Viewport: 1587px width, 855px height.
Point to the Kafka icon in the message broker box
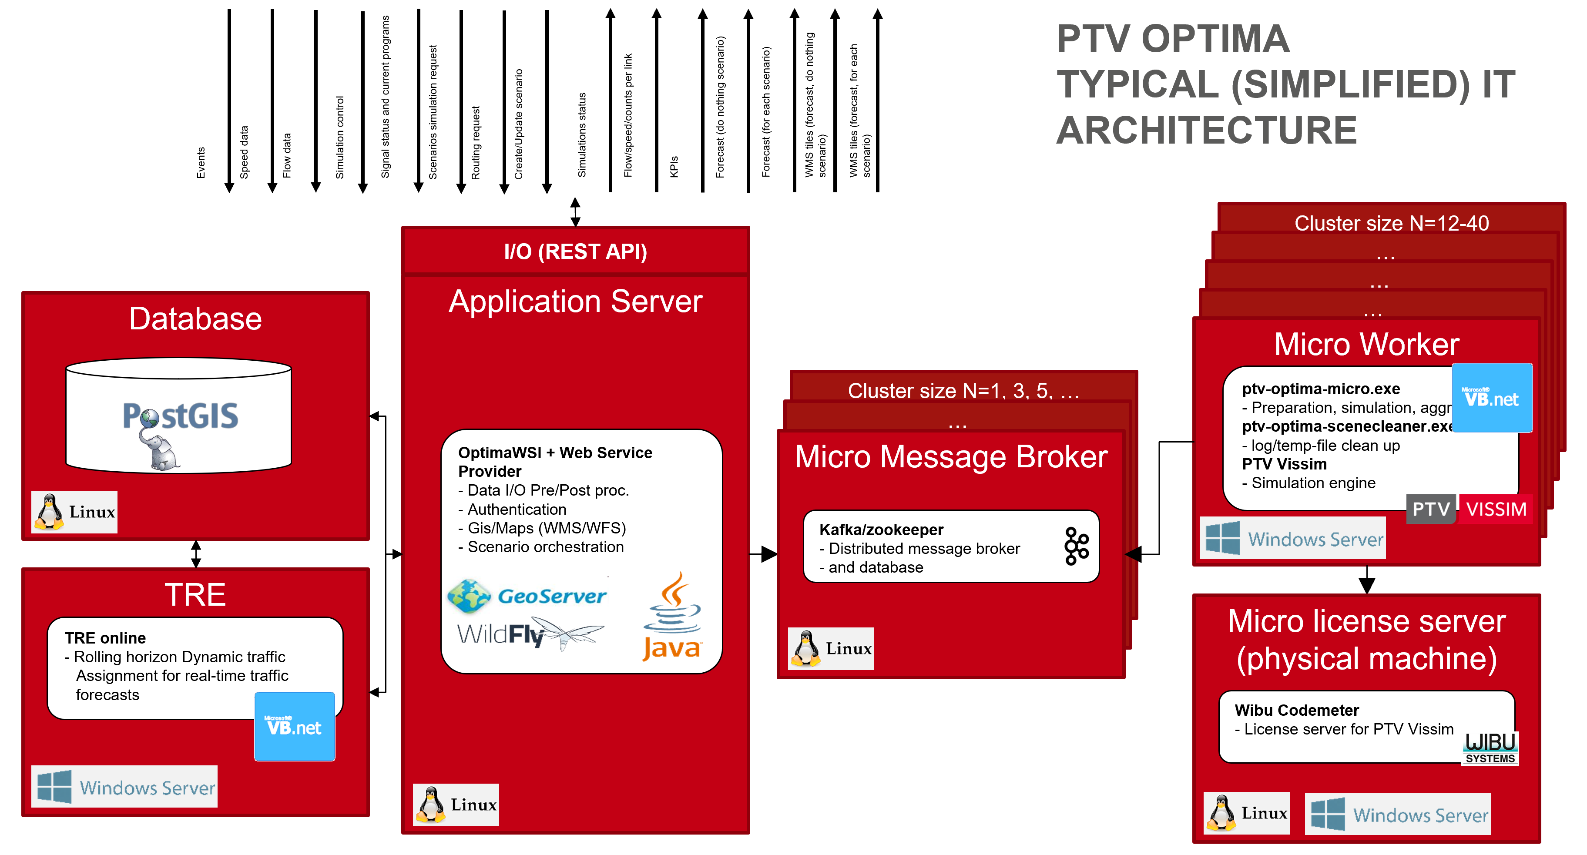[x=1076, y=546]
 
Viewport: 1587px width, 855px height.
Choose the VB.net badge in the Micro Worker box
[x=1492, y=398]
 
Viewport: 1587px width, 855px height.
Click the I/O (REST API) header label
[x=575, y=251]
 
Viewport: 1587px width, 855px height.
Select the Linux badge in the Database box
[x=74, y=512]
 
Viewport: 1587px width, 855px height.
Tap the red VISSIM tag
[x=1496, y=509]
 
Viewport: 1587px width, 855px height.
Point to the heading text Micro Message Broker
[x=951, y=456]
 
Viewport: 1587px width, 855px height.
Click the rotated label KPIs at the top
[x=674, y=166]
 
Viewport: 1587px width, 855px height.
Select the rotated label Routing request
[x=476, y=143]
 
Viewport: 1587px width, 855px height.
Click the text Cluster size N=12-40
[x=1391, y=223]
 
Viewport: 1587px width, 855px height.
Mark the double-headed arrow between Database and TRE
[x=196, y=554]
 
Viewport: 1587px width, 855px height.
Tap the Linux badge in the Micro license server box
[x=1246, y=813]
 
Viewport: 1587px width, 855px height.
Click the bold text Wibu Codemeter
[x=1296, y=710]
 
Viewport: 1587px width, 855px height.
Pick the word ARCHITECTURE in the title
[x=1206, y=130]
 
